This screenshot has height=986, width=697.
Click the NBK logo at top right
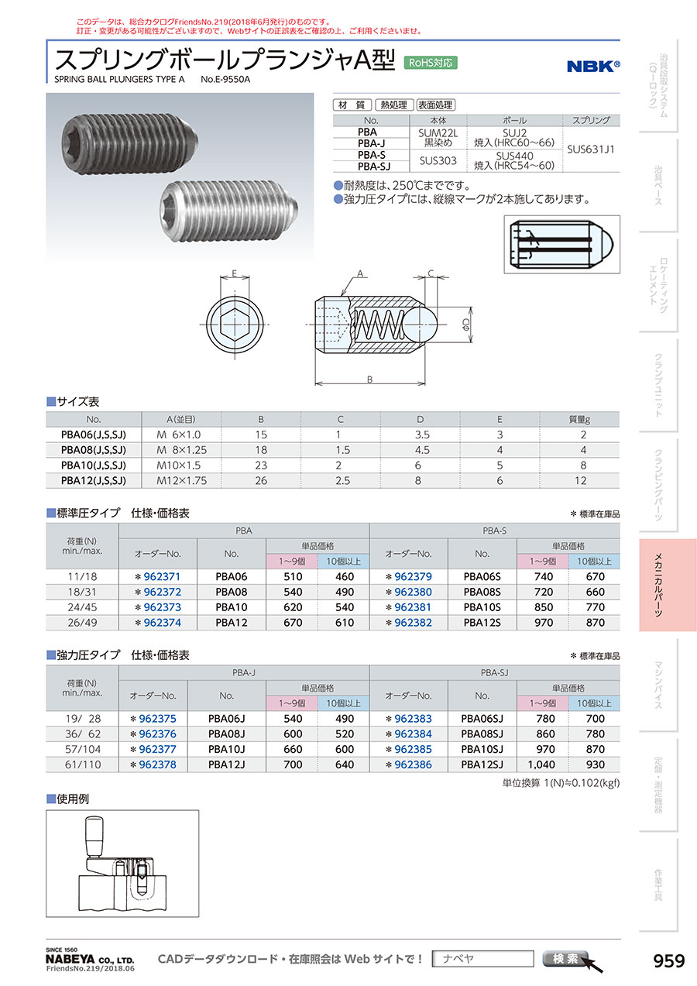pos(593,67)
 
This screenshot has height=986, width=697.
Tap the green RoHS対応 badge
pos(431,63)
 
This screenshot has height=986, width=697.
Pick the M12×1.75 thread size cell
pos(182,480)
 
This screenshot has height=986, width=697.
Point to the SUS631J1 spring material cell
pos(590,149)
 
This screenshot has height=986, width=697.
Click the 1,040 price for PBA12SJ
pos(541,764)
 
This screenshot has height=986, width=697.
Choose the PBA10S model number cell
pos(482,607)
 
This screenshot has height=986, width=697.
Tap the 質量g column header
pos(579,420)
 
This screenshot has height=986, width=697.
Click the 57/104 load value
pos(83,749)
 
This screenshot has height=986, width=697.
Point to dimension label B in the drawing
pos(369,379)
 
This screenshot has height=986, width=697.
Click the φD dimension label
pos(466,325)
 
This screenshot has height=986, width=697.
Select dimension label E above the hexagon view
pos(234,273)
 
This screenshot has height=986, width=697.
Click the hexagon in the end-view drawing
pos(235,325)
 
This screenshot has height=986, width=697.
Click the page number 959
pos(669,960)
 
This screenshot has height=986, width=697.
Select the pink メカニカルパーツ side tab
pos(668,585)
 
